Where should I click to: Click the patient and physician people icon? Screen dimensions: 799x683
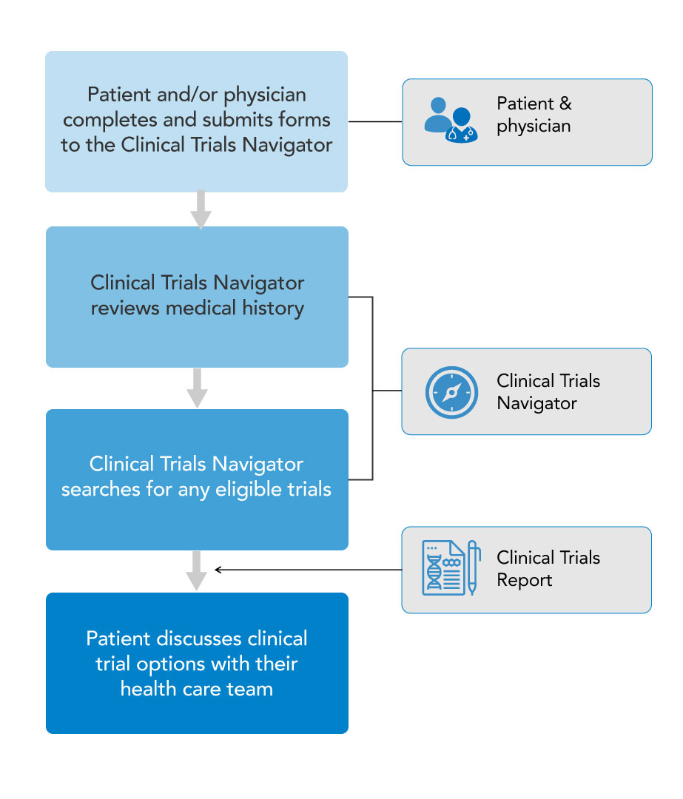tap(450, 120)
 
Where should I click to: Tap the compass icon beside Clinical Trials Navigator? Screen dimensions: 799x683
tap(451, 391)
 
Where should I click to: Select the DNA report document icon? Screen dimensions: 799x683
tap(443, 568)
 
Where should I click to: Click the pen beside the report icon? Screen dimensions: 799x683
tap(473, 568)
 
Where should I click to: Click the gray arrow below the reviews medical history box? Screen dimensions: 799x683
tap(197, 388)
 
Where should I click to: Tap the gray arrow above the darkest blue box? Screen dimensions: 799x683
tap(197, 570)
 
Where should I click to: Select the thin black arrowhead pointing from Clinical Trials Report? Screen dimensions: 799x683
tap(218, 570)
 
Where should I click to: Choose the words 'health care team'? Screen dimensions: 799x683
tap(197, 689)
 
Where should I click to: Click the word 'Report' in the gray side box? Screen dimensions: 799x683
tap(524, 580)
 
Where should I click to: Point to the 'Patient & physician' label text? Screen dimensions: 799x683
tap(534, 115)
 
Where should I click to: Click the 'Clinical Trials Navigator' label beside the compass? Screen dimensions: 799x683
tap(548, 392)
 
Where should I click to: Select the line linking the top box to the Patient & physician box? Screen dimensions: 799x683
tap(374, 121)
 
